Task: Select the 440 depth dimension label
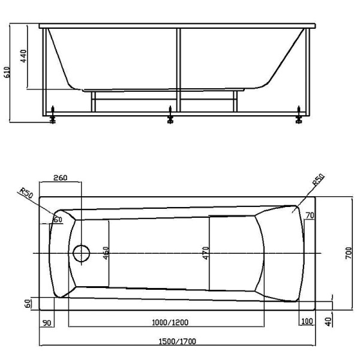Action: (25, 58)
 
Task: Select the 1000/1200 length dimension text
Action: (166, 322)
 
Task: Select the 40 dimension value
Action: (328, 322)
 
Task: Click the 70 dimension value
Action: (310, 215)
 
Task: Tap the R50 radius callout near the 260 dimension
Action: (25, 193)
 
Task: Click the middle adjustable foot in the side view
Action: (170, 116)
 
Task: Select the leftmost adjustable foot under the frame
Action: (53, 116)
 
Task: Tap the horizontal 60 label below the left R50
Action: (58, 220)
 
